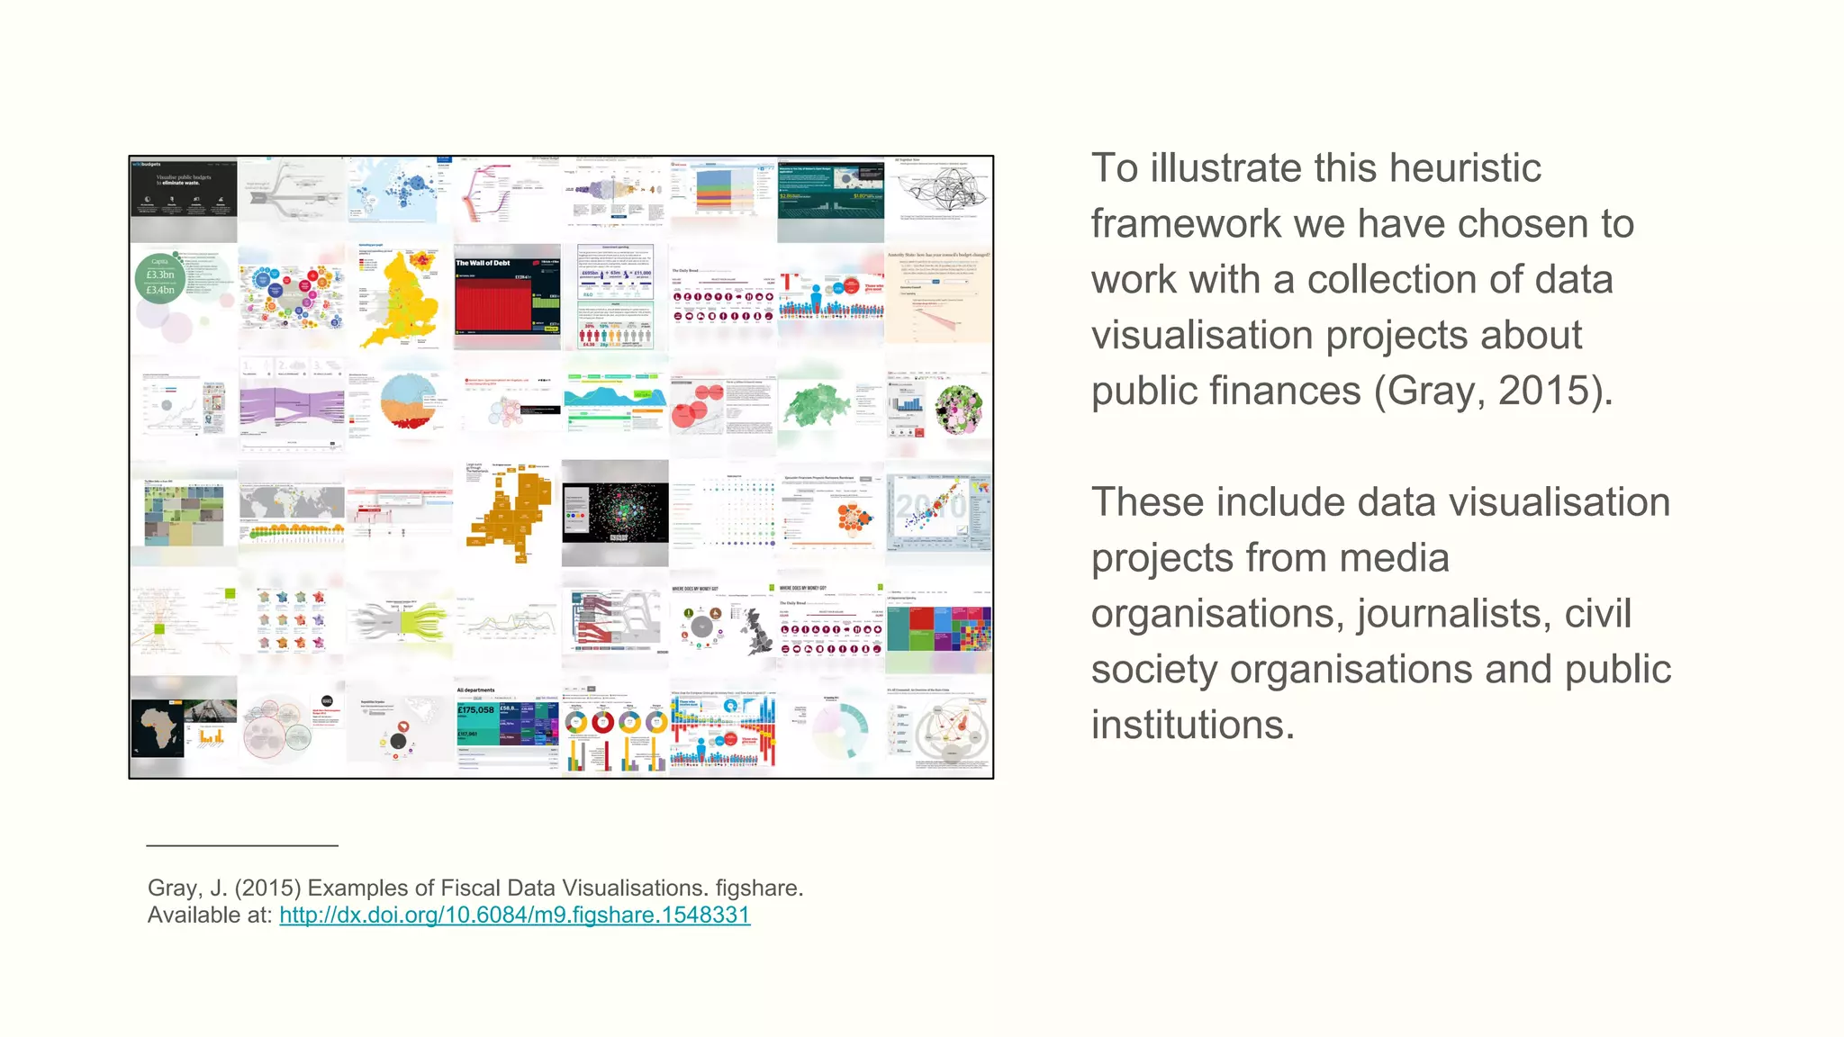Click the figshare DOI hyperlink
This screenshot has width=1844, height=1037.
pos(514,915)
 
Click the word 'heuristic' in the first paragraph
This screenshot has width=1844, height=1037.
pos(1465,168)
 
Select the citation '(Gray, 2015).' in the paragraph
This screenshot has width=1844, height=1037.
pos(1494,391)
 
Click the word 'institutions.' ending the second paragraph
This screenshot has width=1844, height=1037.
pos(1193,726)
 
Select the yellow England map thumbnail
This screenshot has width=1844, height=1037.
pos(400,297)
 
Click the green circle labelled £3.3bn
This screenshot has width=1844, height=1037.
pos(160,278)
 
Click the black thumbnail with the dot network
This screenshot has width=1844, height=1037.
pos(616,512)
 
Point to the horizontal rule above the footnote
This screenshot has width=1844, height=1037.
pos(242,846)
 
